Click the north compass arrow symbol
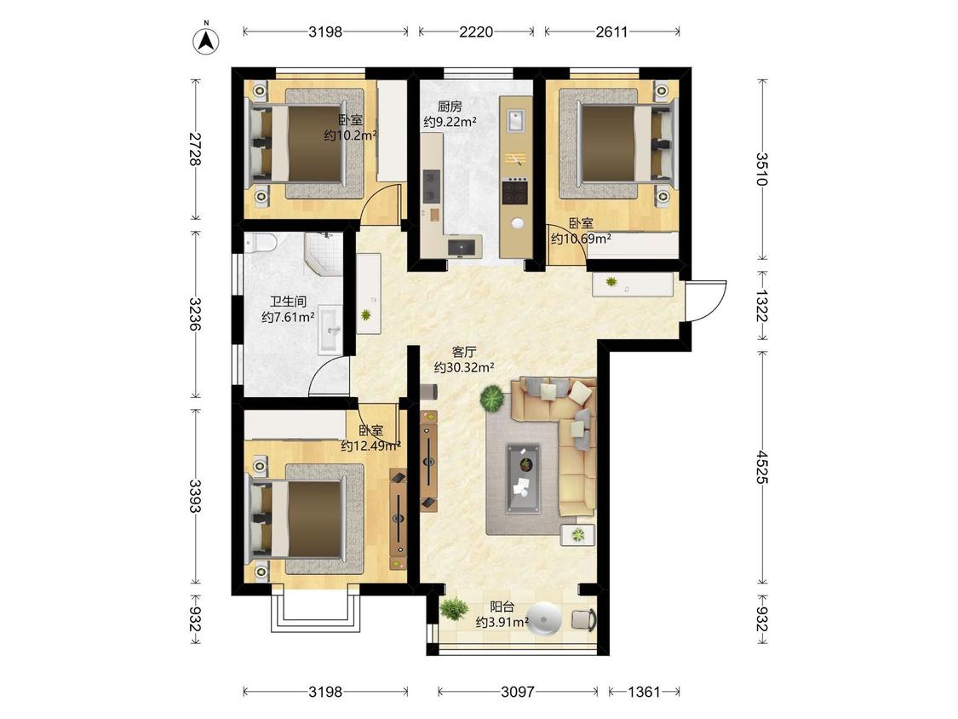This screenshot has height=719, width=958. click(207, 40)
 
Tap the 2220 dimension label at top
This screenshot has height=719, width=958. click(476, 32)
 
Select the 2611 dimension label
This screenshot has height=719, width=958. click(611, 32)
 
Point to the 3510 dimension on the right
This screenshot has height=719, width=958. click(762, 169)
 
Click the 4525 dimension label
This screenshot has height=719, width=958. click(762, 467)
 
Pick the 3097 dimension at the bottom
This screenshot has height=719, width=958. click(518, 692)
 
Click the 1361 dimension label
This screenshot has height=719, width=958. click(644, 692)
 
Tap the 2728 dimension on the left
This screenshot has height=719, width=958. click(196, 149)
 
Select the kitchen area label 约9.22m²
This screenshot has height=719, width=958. click(450, 122)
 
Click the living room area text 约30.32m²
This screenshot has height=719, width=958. click(464, 367)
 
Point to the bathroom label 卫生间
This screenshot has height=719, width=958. click(288, 302)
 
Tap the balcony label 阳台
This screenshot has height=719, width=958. click(502, 607)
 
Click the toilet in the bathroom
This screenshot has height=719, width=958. click(261, 243)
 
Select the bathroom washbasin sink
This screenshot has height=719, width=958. click(330, 330)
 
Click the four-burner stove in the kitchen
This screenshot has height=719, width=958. click(514, 192)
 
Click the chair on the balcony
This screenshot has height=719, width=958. click(584, 619)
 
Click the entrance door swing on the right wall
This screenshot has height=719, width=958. click(705, 300)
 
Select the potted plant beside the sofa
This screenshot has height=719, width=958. click(492, 398)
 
